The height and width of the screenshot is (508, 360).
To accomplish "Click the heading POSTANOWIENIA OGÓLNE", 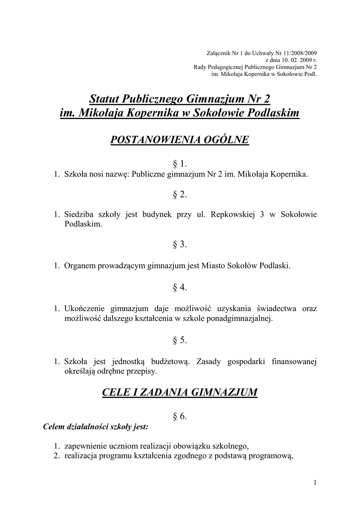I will pos(179,140).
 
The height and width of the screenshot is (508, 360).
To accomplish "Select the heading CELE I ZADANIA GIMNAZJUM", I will pos(179,392).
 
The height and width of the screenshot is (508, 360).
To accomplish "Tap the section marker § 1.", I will pos(179,164).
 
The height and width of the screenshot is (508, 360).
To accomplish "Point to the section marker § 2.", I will pos(179,194).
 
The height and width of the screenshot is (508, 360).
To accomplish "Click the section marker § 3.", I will pos(179,244).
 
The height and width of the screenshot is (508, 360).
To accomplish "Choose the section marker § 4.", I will pos(179,287).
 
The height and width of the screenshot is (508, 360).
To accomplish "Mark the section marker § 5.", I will pos(179,340).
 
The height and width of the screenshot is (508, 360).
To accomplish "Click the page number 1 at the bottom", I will pos(315,482).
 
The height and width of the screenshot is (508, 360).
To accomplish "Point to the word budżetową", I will pos(173,361).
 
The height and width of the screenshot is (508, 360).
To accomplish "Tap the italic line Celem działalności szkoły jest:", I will pos(96,426).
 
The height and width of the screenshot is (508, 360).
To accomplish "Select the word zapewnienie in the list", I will pos(86,445).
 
